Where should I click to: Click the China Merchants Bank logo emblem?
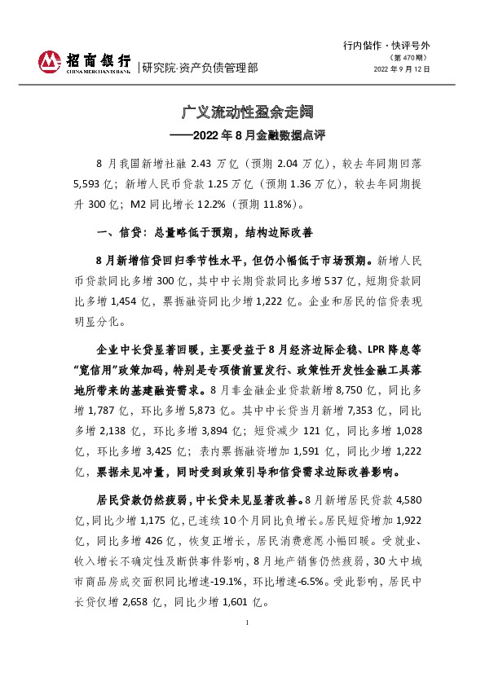point(51,61)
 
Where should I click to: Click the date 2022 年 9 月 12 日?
point(402,69)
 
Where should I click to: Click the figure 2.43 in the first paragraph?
point(201,163)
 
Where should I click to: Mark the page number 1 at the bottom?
point(245,644)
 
